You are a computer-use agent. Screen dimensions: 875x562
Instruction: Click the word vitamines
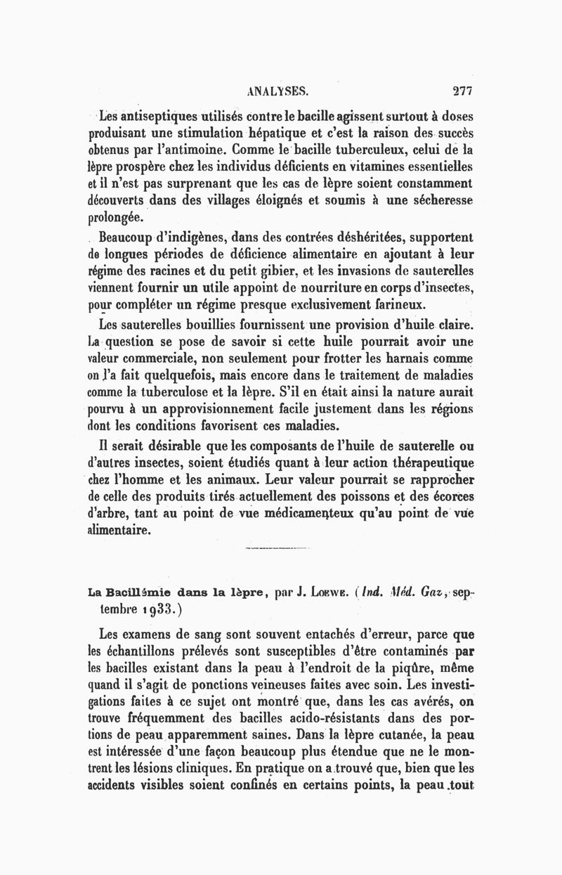367,167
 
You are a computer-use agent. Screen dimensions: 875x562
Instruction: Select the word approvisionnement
233,409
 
